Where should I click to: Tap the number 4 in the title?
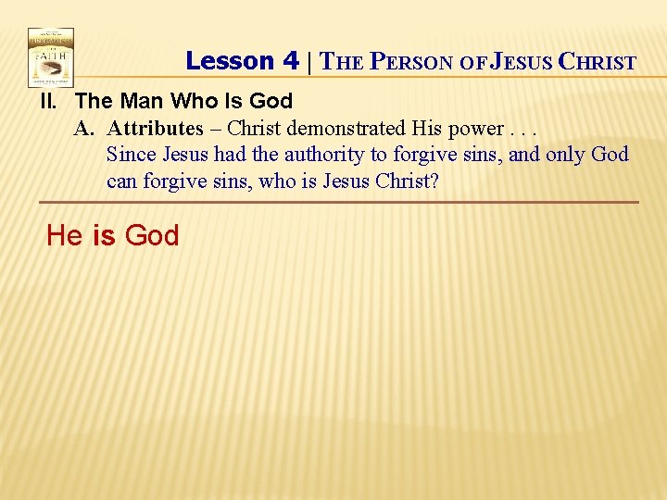[290, 61]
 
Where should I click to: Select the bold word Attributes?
[155, 128]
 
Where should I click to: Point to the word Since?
[132, 154]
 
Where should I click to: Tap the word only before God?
[564, 155]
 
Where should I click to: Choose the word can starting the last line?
[122, 181]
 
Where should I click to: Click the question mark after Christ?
[434, 181]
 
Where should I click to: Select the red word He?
[64, 236]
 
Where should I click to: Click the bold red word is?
[104, 236]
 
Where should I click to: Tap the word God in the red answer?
[151, 236]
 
